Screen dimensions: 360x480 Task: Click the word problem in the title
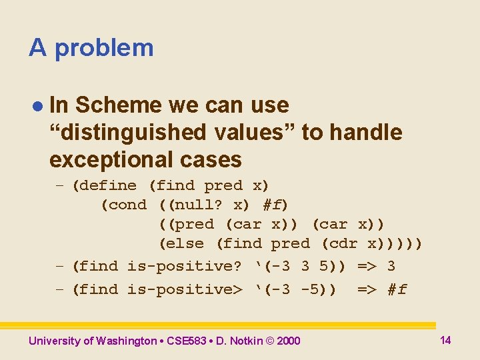(104, 48)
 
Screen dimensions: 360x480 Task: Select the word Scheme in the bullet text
(119, 105)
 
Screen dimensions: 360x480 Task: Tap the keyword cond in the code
(127, 205)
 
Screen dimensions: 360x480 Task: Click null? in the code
(197, 205)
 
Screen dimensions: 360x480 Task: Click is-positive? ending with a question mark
(184, 266)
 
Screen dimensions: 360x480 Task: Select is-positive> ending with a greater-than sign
(184, 289)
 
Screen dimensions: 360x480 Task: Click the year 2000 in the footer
(289, 341)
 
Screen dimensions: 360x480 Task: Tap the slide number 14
(445, 340)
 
